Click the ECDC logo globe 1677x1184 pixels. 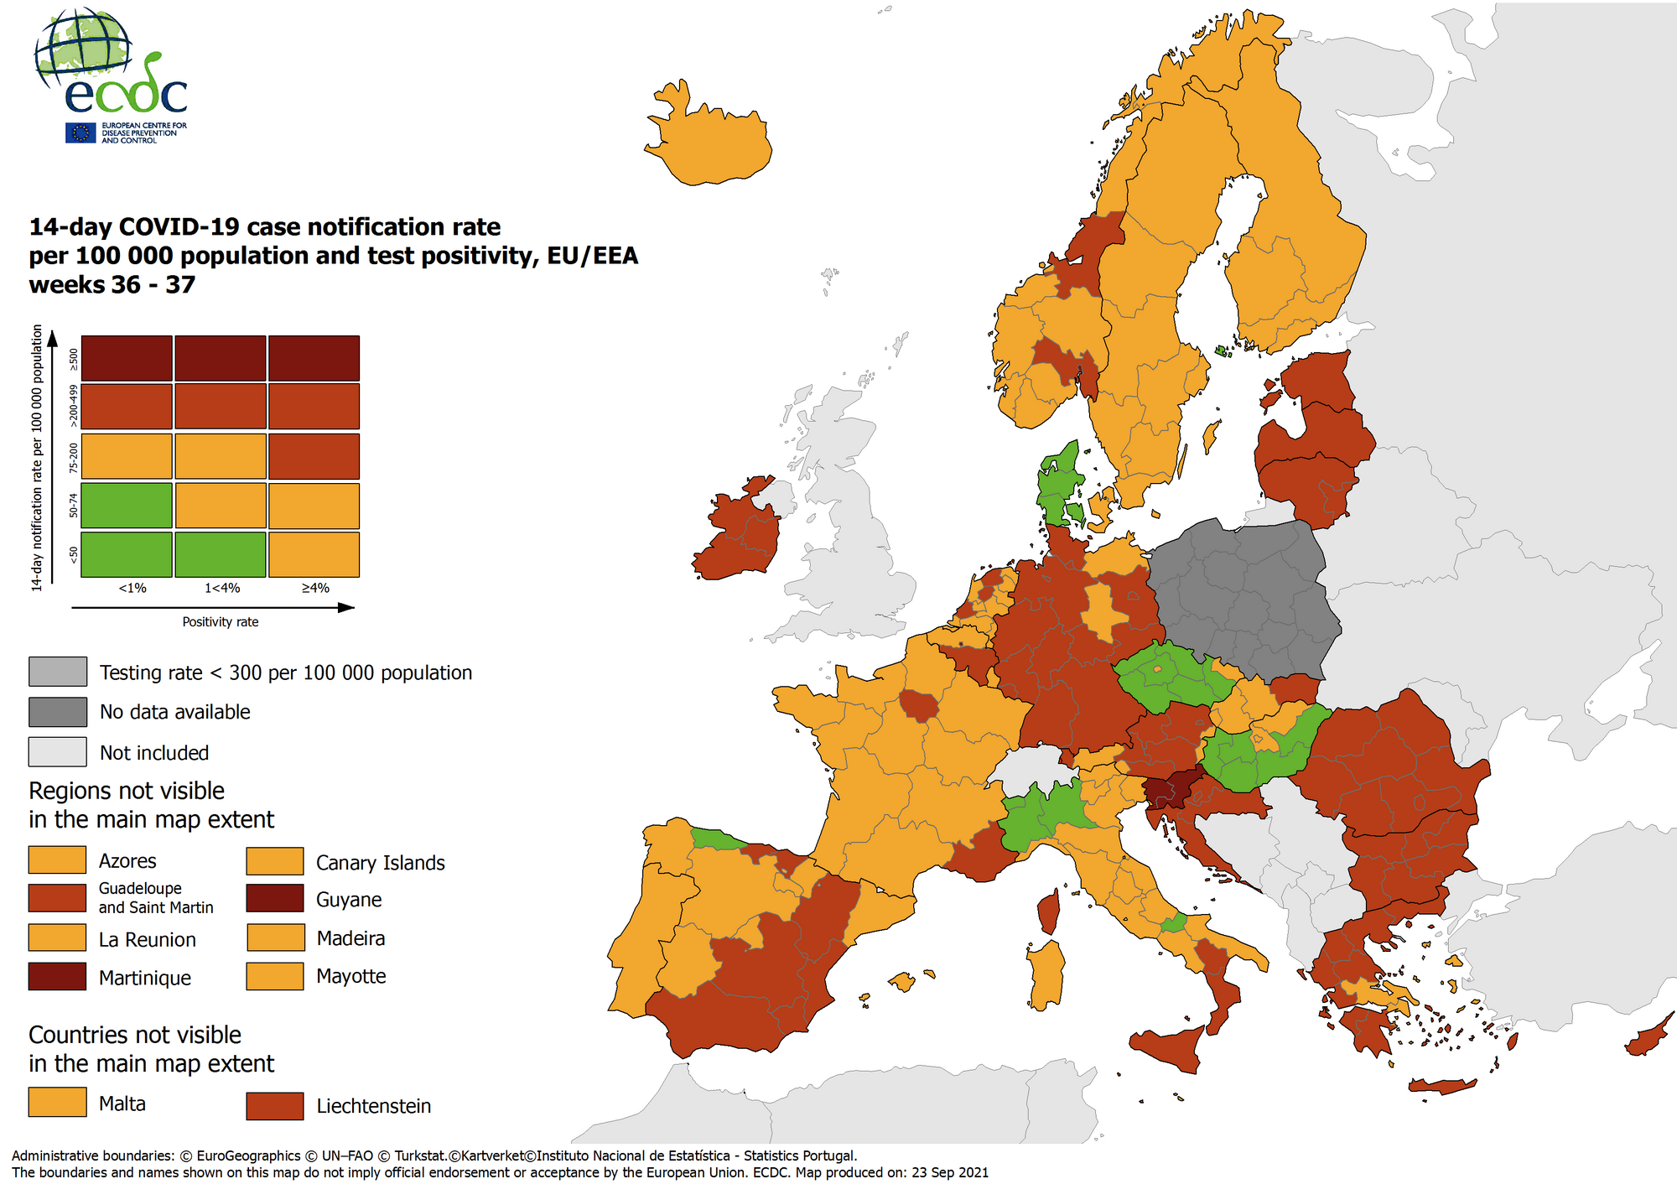83,49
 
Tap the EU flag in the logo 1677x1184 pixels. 80,132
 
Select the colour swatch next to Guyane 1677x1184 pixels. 275,898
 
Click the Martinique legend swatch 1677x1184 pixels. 57,976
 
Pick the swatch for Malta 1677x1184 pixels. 57,1102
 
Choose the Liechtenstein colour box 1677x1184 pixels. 275,1105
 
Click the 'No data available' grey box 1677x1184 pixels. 57,712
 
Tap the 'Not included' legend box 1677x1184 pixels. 57,752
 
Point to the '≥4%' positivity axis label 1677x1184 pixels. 315,588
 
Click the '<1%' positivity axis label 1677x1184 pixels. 132,588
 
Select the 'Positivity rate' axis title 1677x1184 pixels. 221,622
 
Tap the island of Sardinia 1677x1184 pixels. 1046,973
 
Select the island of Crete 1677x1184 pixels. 1441,1087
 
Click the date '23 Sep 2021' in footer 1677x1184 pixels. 949,1172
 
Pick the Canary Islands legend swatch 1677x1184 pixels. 275,861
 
